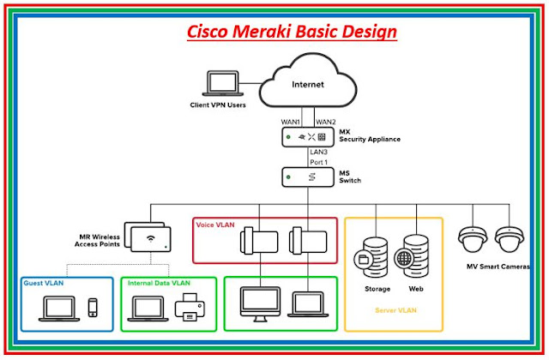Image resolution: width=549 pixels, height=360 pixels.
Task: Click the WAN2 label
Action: (x=325, y=122)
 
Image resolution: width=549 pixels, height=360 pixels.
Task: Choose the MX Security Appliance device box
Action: (x=307, y=137)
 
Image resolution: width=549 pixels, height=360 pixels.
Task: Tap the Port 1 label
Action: (x=320, y=162)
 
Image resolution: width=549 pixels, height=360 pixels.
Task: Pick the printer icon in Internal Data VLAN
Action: (x=190, y=308)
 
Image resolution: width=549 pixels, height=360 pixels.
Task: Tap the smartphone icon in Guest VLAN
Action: (x=94, y=309)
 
